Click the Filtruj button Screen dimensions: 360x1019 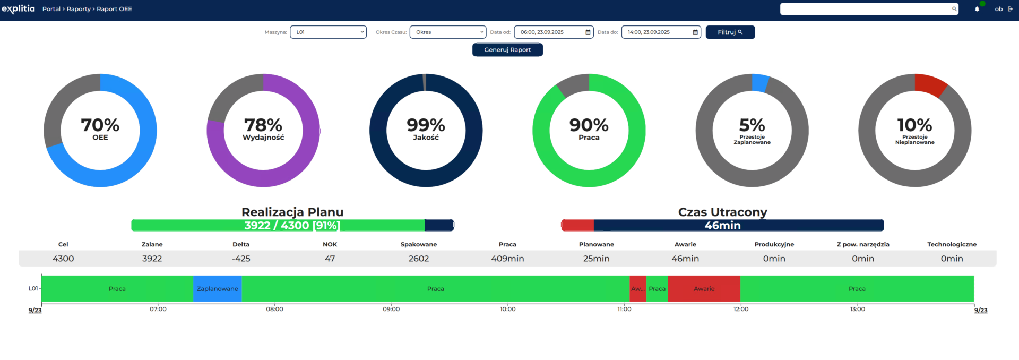[x=730, y=32]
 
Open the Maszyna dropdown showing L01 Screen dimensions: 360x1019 [x=328, y=32]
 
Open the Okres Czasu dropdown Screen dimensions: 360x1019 [x=447, y=32]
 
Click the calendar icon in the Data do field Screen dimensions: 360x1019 [x=695, y=32]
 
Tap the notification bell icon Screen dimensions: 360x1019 [x=977, y=9]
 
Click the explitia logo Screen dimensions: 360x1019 [x=18, y=9]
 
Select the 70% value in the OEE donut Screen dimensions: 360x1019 [x=100, y=125]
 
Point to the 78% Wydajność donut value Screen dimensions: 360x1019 [x=263, y=125]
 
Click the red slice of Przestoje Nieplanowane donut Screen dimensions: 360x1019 [x=930, y=84]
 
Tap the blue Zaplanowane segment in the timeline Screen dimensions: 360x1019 [x=217, y=289]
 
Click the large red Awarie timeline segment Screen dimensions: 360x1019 [x=704, y=289]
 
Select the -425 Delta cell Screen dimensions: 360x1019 [x=241, y=259]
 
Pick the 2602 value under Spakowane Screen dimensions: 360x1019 [x=419, y=259]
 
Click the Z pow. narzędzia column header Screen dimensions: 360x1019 [x=863, y=244]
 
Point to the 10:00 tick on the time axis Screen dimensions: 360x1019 [x=507, y=309]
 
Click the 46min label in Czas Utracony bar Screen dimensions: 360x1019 [x=722, y=226]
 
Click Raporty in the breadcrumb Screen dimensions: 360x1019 [x=79, y=9]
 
